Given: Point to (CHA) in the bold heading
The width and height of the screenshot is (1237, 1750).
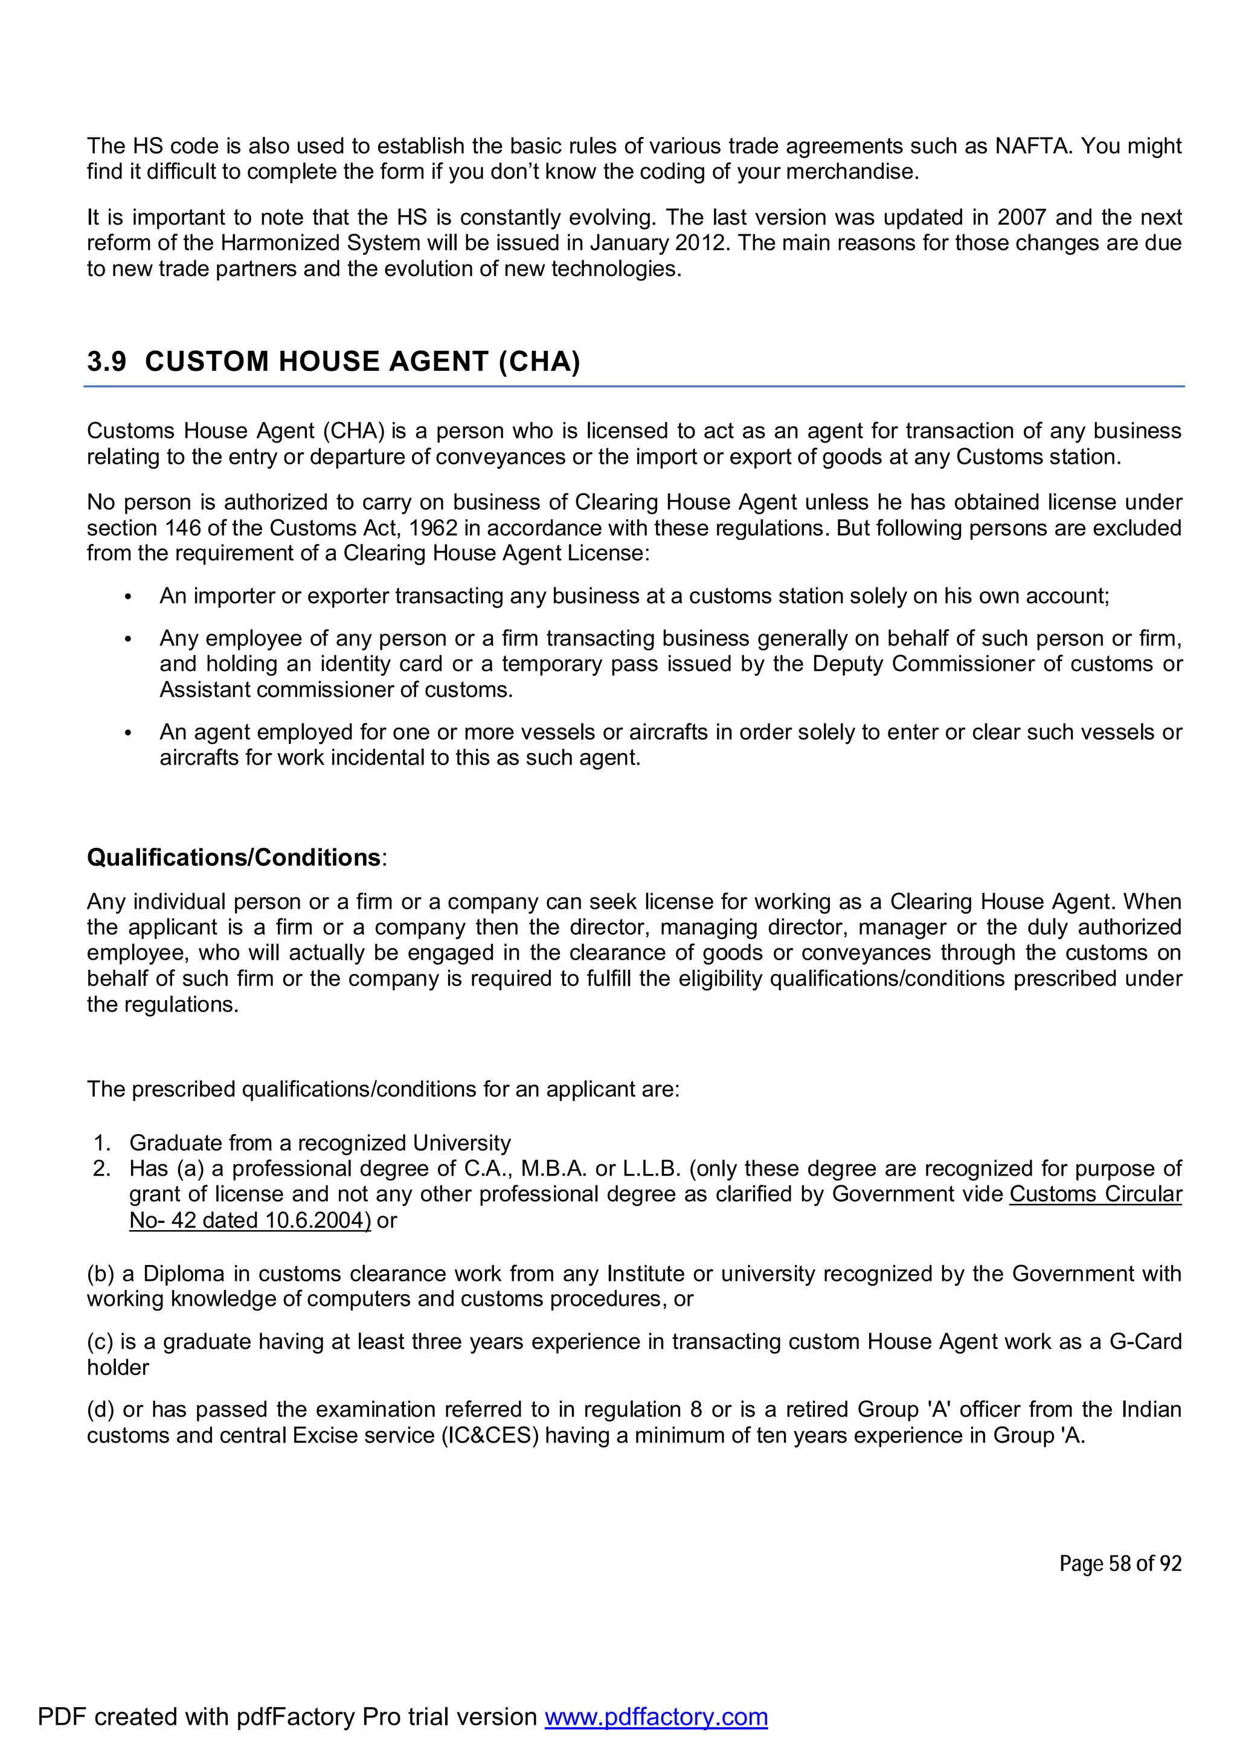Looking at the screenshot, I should pyautogui.click(x=539, y=361).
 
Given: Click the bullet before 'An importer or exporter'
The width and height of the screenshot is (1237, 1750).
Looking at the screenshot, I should pyautogui.click(x=128, y=597).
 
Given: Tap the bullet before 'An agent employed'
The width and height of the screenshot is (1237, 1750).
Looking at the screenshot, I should pyautogui.click(x=128, y=733).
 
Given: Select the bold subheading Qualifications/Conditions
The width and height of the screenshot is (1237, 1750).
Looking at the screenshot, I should pyautogui.click(x=234, y=857).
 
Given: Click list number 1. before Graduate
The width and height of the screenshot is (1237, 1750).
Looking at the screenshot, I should pyautogui.click(x=102, y=1143).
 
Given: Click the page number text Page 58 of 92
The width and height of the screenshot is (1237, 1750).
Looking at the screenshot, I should pyautogui.click(x=1120, y=1563).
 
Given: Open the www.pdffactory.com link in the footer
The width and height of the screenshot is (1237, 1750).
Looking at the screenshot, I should pyautogui.click(x=655, y=1716).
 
